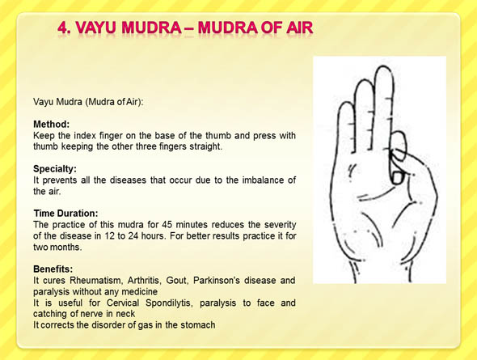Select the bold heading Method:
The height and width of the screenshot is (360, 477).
(x=52, y=124)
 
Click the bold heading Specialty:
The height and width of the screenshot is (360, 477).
(x=55, y=169)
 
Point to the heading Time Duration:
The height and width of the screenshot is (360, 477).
(x=65, y=214)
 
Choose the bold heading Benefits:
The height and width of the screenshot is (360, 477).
(x=53, y=269)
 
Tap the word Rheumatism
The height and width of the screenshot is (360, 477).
(x=96, y=280)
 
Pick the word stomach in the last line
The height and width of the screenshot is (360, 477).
(x=198, y=325)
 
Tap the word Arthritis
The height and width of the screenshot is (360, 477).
(x=143, y=280)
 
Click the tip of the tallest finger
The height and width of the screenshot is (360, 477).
(x=383, y=66)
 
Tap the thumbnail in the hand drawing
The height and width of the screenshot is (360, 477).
(x=397, y=178)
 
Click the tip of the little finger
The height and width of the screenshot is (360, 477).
(x=346, y=104)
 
